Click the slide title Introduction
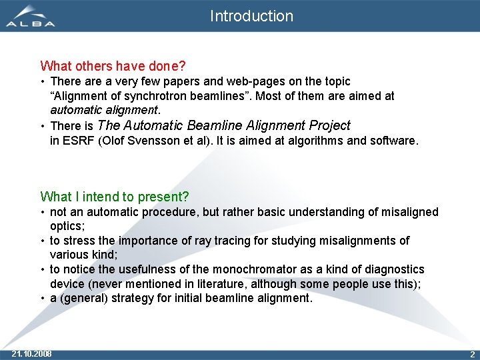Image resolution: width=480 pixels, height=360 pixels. pos(251,16)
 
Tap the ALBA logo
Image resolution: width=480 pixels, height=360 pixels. pos(31,16)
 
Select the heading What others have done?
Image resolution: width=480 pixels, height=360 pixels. pos(113,66)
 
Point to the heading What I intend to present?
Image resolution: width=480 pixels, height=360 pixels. pos(115,197)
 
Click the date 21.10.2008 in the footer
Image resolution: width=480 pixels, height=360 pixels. pos(32,353)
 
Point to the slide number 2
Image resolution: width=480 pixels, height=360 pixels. pos(472,354)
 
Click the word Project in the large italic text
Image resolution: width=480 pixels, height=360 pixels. pos(328,125)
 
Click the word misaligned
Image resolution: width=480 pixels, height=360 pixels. pos(409,212)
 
